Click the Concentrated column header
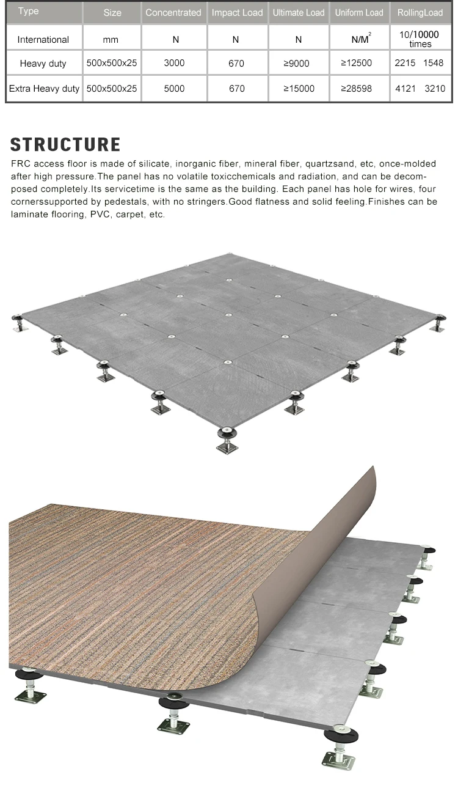point(173,12)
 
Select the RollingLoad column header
point(420,12)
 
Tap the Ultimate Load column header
point(298,12)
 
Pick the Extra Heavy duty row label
point(44,89)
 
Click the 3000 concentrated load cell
point(174,63)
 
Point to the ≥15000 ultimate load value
point(299,89)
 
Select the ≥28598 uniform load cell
point(357,89)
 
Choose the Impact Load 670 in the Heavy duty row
point(236,63)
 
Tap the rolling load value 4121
point(405,89)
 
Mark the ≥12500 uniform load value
point(357,63)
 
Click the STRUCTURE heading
point(65,145)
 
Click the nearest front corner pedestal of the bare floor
point(227,440)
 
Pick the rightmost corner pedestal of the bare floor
point(437,322)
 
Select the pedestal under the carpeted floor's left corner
point(27,685)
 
